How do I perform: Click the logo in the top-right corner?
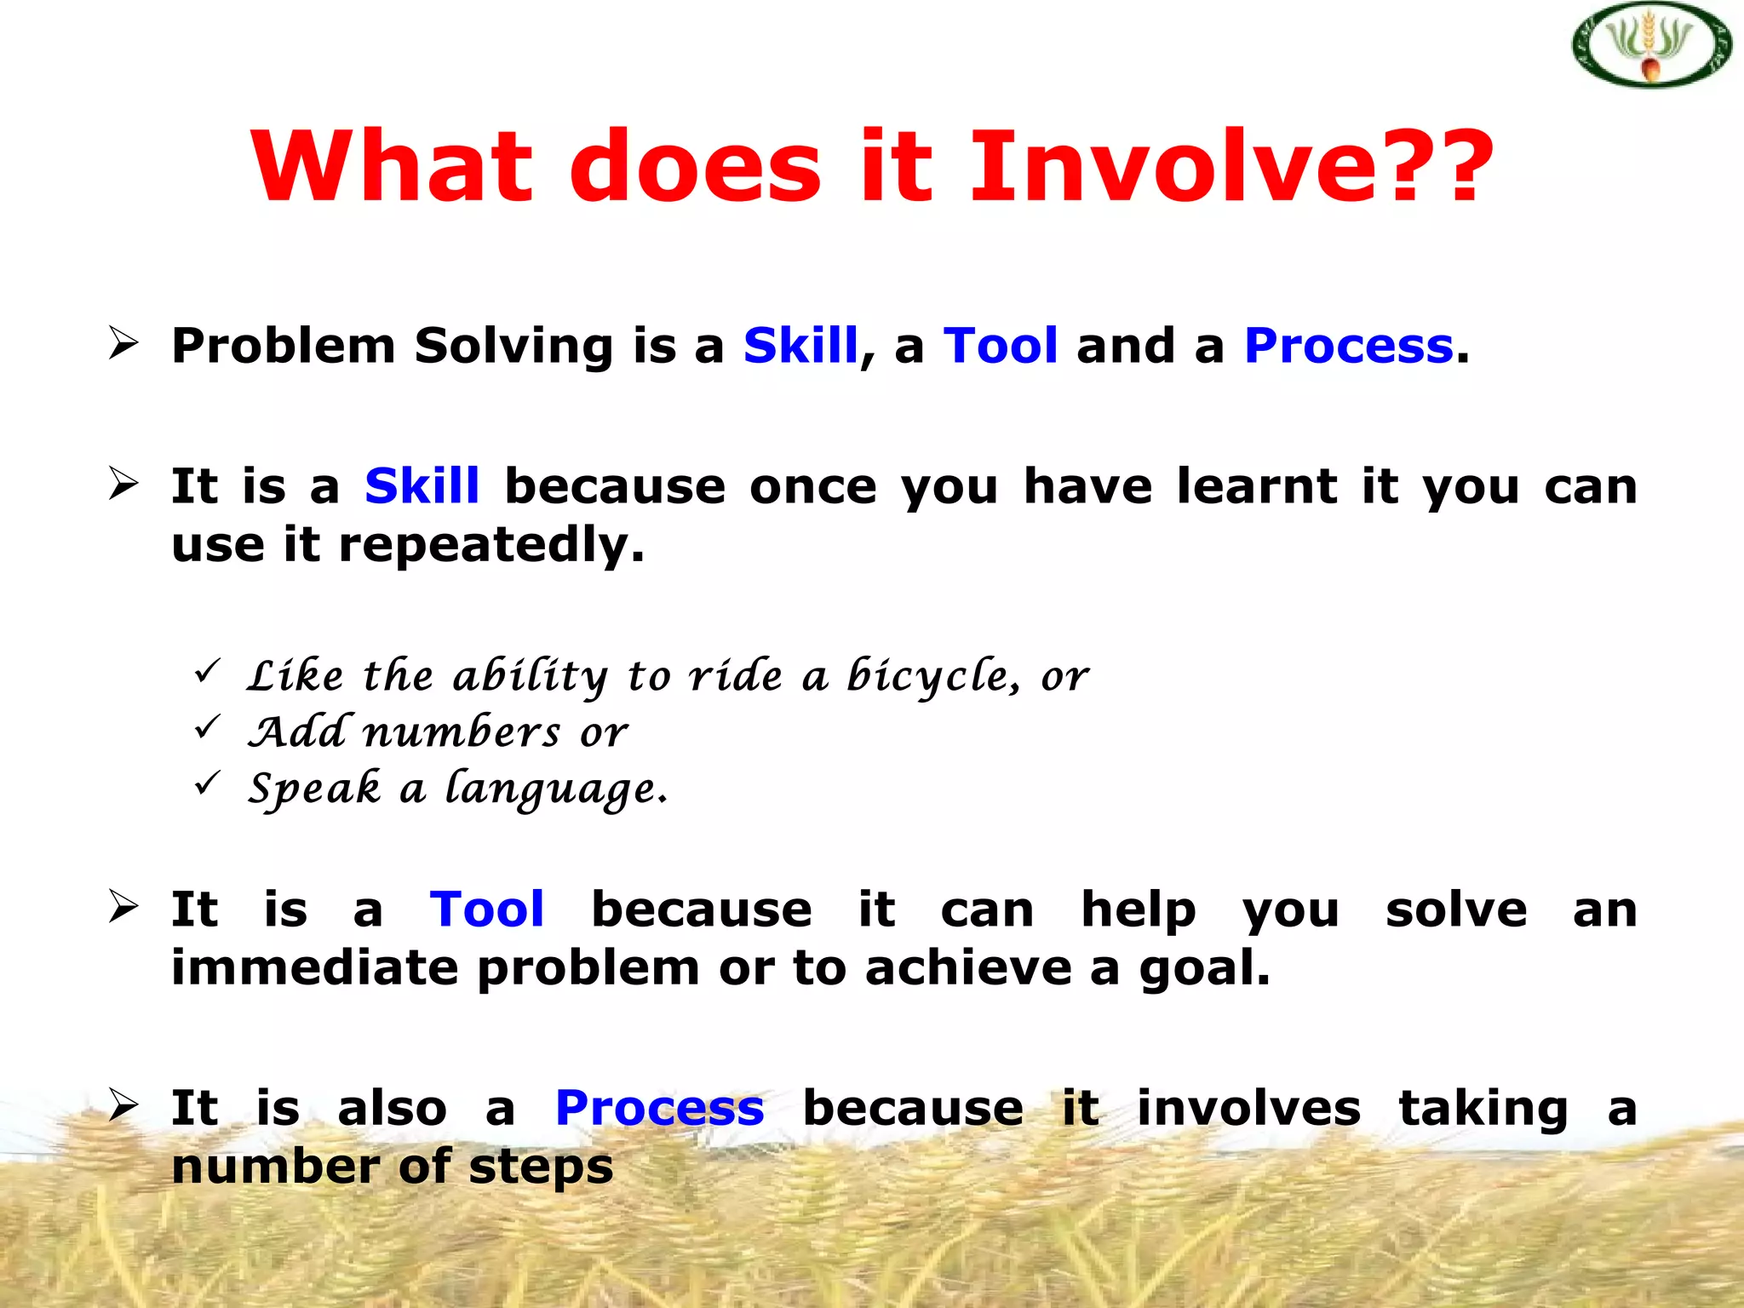pyautogui.click(x=1651, y=45)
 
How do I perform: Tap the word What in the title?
pyautogui.click(x=391, y=166)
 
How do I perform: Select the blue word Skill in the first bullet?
pyautogui.click(x=800, y=346)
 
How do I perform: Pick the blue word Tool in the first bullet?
pyautogui.click(x=1001, y=346)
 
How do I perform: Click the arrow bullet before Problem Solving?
pyautogui.click(x=124, y=343)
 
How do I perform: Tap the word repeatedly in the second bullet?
pyautogui.click(x=491, y=546)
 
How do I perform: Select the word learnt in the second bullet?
pyautogui.click(x=1257, y=486)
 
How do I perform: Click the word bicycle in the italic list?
pyautogui.click(x=930, y=678)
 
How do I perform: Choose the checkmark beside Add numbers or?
pyautogui.click(x=208, y=727)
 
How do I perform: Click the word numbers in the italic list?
pyautogui.click(x=462, y=733)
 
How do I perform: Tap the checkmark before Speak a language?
pyautogui.click(x=208, y=783)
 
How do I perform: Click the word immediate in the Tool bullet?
pyautogui.click(x=314, y=968)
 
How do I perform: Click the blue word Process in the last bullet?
pyautogui.click(x=659, y=1109)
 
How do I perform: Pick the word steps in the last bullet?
pyautogui.click(x=541, y=1167)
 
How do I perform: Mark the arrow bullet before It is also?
pyautogui.click(x=124, y=1104)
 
